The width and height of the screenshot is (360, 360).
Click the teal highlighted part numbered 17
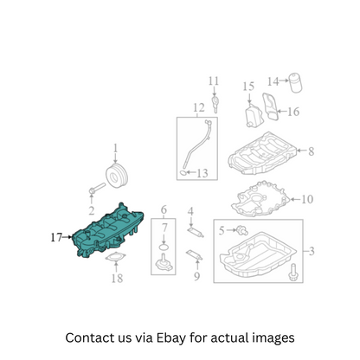point(108,232)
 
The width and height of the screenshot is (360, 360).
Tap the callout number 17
point(56,237)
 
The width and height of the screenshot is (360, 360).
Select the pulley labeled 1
point(117,177)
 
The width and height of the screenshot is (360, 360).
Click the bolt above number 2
point(97,188)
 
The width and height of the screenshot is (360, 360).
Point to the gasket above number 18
point(116,257)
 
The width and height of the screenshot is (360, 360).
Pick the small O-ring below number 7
point(164,247)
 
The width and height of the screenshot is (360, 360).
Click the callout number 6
point(164,210)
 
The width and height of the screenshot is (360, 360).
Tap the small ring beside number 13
point(183,173)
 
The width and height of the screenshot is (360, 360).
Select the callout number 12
point(199,107)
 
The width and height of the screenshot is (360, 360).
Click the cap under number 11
point(215,104)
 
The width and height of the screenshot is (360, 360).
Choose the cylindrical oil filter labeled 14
point(296,82)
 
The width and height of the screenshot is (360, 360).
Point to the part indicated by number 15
point(254,115)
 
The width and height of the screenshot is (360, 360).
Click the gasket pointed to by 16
point(270,106)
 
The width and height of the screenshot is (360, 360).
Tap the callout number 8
point(311,151)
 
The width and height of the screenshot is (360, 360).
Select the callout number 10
point(307,199)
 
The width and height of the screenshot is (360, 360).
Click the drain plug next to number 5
point(242,230)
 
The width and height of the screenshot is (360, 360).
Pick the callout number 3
point(312,251)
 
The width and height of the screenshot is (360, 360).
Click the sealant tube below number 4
point(196,232)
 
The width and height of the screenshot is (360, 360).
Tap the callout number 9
point(196,276)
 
